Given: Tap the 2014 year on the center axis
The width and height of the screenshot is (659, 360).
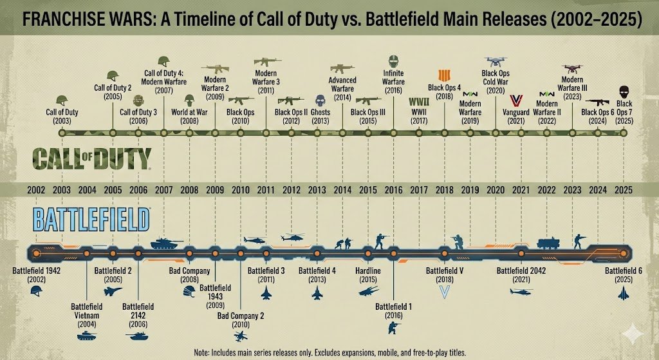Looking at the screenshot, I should pos(342,190).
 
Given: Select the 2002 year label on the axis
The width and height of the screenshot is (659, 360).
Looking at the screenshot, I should pos(36,190).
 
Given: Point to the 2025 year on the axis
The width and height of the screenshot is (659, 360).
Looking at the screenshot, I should pos(622,190).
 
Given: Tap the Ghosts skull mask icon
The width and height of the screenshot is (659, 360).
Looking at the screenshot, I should pos(320,100).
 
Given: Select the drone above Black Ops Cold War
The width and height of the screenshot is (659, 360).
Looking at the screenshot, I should pos(495,62).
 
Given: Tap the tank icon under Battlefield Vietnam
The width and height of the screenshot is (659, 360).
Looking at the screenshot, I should pos(86,335).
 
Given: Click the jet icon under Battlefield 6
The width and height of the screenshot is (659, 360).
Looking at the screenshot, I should pos(622,293).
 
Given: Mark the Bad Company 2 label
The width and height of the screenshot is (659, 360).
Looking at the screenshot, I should pos(241,319).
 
